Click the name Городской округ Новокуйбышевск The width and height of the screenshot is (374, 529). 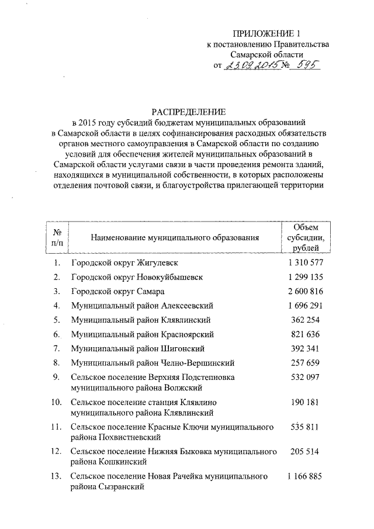(137, 277)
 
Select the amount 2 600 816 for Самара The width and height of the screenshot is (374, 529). (306, 291)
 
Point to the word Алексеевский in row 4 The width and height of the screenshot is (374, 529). (188, 305)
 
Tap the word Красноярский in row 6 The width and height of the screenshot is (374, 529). (189, 334)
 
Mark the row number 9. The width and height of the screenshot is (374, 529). (57, 377)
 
